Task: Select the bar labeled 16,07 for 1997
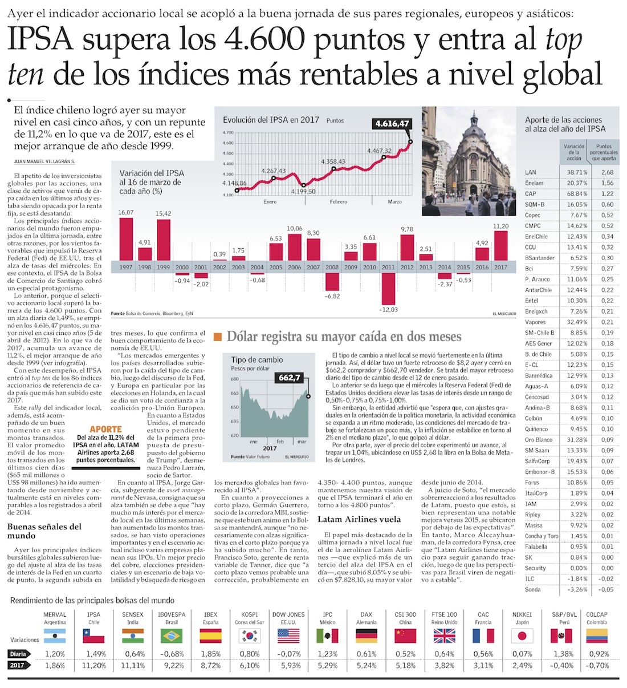tap(125, 239)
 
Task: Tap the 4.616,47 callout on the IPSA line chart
tap(392, 123)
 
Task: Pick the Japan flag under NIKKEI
tap(522, 636)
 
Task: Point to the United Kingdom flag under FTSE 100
tap(444, 636)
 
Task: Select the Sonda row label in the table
tap(533, 589)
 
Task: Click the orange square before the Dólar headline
tap(217, 337)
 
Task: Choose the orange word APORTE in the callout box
tap(106, 429)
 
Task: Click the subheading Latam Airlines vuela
tap(359, 519)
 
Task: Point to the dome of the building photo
tap(474, 123)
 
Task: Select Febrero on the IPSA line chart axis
tap(338, 202)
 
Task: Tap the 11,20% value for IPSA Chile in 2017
tap(94, 665)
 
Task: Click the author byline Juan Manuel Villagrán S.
tap(44, 161)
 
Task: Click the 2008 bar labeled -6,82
tap(332, 282)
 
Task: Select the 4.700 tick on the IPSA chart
tap(227, 133)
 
